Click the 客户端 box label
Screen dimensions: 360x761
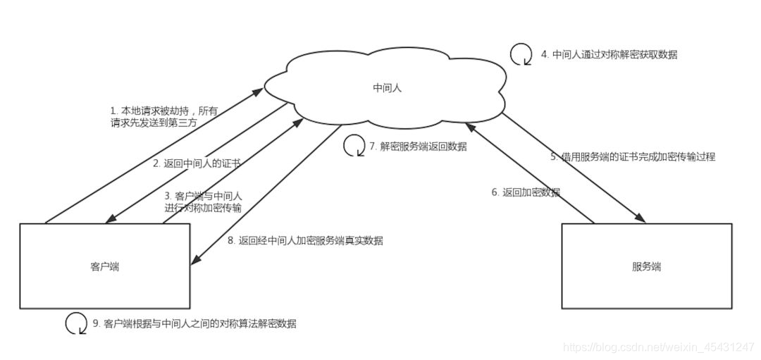click(104, 267)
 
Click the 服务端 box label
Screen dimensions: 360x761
click(646, 267)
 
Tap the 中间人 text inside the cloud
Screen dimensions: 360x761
click(388, 88)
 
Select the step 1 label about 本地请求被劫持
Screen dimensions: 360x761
click(163, 116)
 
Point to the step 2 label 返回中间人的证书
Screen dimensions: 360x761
click(197, 163)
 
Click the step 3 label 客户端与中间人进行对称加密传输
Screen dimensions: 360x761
click(203, 201)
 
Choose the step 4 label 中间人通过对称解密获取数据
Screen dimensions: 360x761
click(609, 54)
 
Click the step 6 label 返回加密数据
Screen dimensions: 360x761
click(526, 192)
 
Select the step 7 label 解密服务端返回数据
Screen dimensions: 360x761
click(418, 147)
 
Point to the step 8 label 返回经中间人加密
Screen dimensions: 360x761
click(305, 240)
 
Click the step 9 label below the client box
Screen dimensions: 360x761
click(194, 324)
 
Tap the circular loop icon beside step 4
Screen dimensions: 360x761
click(521, 54)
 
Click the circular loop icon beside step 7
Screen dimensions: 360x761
click(354, 146)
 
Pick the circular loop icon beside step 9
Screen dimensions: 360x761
click(76, 323)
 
